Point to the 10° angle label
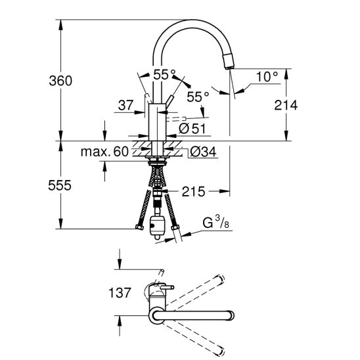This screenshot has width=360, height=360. pyautogui.click(x=267, y=78)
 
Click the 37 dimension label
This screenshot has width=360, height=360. pyautogui.click(x=125, y=104)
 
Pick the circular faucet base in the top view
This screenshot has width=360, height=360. pyautogui.click(x=156, y=317)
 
